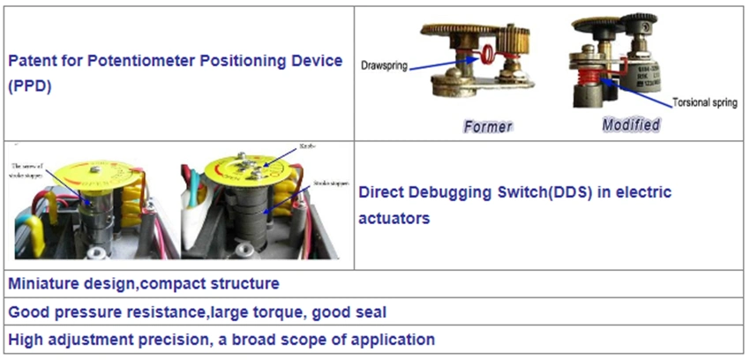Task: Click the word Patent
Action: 31,62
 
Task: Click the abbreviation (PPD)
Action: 27,86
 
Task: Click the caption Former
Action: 487,126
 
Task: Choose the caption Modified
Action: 631,124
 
